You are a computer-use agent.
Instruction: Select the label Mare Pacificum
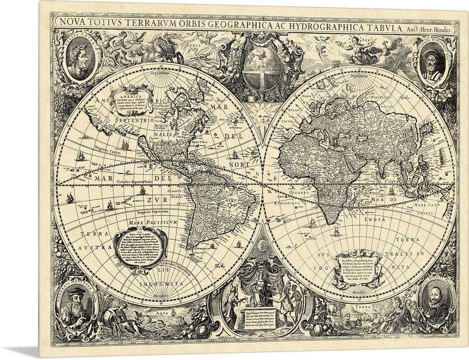pos(152,217)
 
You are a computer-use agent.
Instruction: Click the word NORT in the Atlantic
pos(238,165)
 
